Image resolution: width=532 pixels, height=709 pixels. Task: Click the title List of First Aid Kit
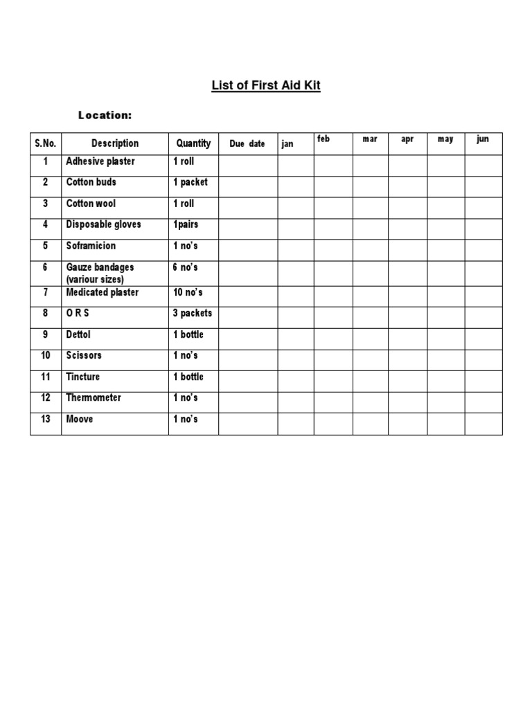[266, 86]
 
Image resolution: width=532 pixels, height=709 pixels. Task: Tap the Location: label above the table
[105, 115]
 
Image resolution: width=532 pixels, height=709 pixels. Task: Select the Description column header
[115, 143]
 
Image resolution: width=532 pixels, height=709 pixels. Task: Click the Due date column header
[247, 144]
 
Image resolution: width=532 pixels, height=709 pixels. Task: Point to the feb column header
[323, 139]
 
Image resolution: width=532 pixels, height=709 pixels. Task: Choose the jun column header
[483, 139]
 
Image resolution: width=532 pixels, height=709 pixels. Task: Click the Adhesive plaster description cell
[100, 161]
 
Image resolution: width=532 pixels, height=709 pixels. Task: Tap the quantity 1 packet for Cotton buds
[190, 182]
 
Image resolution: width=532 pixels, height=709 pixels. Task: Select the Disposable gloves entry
[103, 224]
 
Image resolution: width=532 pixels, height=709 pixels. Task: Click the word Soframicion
[91, 246]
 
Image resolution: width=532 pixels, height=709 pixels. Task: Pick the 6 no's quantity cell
[185, 267]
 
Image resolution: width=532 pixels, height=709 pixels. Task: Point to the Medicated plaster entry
[102, 292]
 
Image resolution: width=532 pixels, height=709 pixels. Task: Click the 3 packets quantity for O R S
[193, 313]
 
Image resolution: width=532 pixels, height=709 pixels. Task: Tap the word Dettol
[78, 334]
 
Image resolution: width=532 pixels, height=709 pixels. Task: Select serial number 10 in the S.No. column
[46, 355]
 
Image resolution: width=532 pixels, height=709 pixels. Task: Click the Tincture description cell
[83, 377]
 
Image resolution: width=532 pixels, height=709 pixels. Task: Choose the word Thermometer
[94, 397]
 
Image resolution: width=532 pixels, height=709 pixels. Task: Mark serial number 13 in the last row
[46, 419]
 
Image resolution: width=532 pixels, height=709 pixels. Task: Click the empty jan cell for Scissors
[296, 360]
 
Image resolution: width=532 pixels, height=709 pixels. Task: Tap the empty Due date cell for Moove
[248, 424]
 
